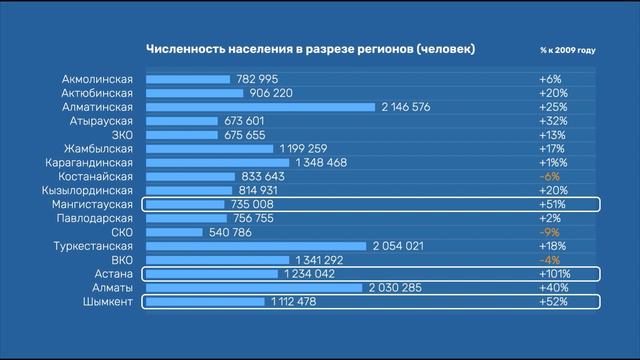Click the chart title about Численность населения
(310, 49)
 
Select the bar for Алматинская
(260, 107)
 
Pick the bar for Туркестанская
(256, 246)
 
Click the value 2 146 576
(406, 107)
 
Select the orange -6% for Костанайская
(549, 176)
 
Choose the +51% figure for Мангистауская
(552, 204)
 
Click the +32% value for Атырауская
(552, 121)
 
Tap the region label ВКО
(122, 260)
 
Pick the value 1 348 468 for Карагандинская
(321, 163)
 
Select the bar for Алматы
(254, 288)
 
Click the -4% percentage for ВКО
(549, 260)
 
